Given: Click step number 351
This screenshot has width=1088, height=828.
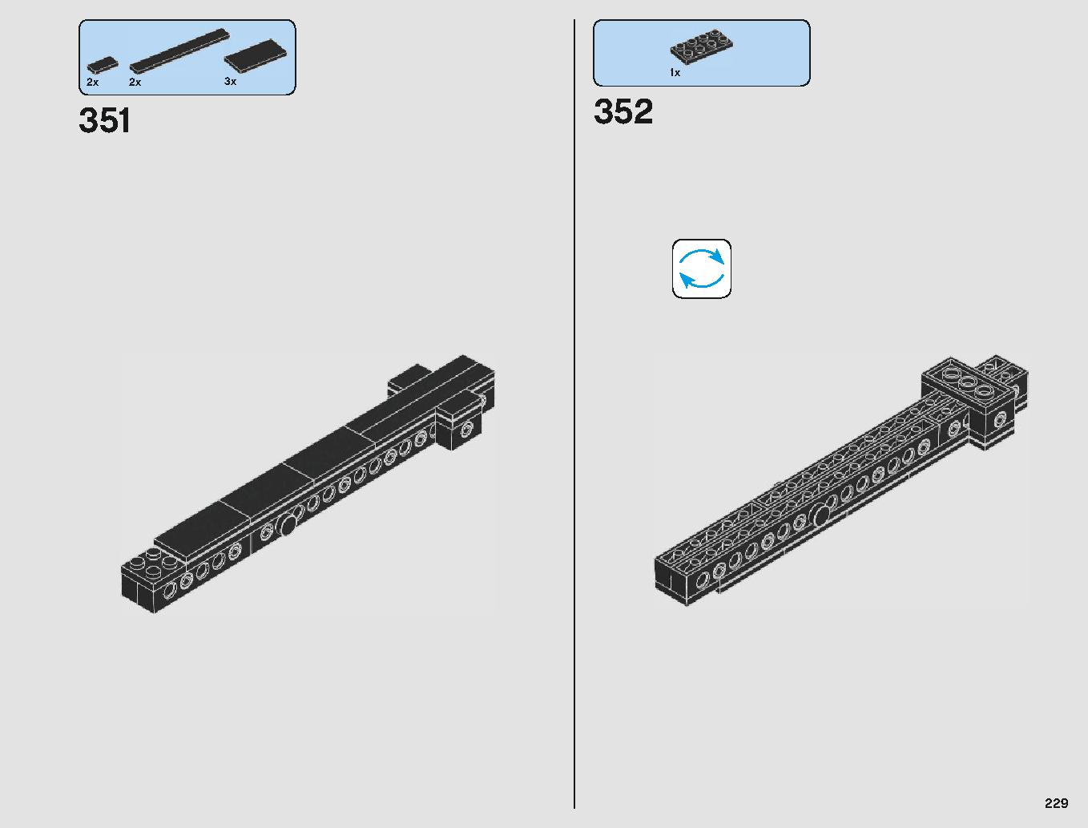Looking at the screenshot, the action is pyautogui.click(x=105, y=120).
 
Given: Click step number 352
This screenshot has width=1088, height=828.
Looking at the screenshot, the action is pyautogui.click(x=623, y=111).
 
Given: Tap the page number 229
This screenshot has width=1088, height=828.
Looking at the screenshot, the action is pyautogui.click(x=1056, y=802).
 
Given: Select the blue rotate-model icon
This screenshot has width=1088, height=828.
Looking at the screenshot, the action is pyautogui.click(x=701, y=269).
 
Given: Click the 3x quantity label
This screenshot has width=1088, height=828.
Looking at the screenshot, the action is pyautogui.click(x=231, y=81).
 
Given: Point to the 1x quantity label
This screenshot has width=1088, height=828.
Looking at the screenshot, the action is pyautogui.click(x=675, y=72).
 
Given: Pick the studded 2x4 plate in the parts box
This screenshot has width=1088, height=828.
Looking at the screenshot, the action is pyautogui.click(x=702, y=46).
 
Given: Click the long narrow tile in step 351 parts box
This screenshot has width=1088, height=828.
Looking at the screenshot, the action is pyautogui.click(x=179, y=51).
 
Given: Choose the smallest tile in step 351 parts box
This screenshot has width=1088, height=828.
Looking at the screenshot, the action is pyautogui.click(x=103, y=65).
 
